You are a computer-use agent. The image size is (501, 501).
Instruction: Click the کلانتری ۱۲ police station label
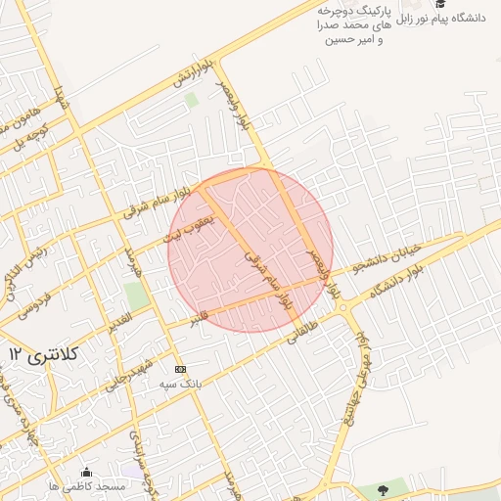click(43, 352)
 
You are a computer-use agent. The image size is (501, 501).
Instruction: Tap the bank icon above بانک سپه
click(179, 369)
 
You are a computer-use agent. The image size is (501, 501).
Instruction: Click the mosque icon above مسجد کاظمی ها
click(86, 472)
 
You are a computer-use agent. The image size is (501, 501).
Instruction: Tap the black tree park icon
click(382, 488)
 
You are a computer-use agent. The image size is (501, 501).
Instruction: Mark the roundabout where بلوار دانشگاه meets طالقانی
click(344, 306)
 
